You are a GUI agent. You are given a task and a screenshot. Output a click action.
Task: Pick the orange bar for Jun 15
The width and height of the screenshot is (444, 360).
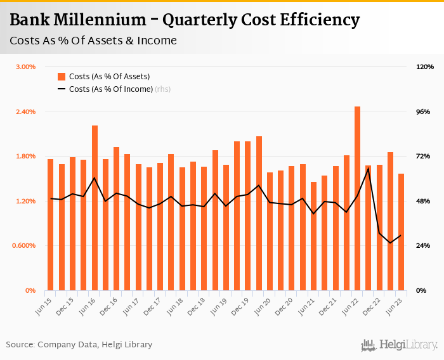tap(50, 224)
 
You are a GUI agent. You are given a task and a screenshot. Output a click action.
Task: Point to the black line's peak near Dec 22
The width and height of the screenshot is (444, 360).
tap(369, 169)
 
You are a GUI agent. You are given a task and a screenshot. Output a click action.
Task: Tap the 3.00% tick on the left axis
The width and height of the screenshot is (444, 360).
tap(25, 67)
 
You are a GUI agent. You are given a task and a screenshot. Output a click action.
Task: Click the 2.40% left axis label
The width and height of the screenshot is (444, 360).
tap(25, 112)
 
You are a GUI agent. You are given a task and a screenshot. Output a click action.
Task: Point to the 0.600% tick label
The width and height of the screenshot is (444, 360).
tap(24, 245)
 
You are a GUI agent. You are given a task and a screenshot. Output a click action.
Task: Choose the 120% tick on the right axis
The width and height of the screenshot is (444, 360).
tap(424, 67)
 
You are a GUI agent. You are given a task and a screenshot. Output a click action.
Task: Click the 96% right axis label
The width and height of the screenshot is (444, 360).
tap(423, 112)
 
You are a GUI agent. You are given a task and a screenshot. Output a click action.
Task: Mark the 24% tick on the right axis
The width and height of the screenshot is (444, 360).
tap(423, 245)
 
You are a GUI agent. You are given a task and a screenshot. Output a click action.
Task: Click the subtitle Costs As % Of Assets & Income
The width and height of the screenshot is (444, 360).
tap(93, 41)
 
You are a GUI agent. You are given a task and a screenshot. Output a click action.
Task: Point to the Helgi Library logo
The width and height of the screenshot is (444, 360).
tap(400, 345)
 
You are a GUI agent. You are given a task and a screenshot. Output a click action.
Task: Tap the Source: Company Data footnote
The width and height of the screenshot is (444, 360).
tap(79, 345)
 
